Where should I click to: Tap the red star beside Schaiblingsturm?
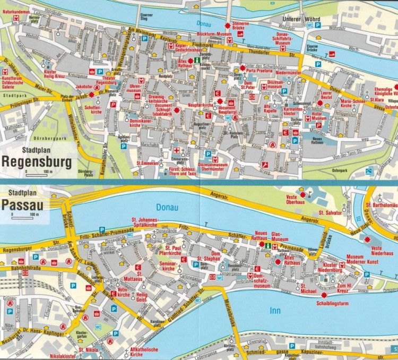[323, 294]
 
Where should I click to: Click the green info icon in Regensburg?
[197, 61]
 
